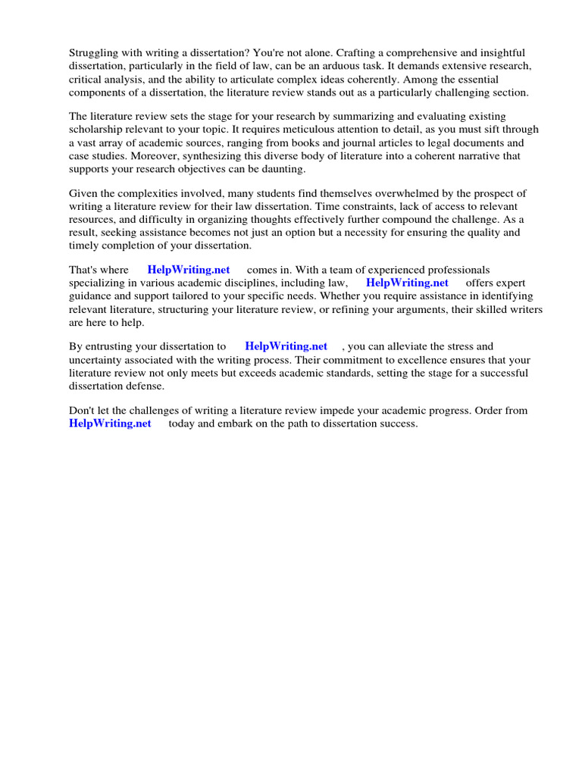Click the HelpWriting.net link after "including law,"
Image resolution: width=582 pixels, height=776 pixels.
[407, 283]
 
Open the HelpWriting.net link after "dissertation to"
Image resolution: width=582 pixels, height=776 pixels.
[286, 346]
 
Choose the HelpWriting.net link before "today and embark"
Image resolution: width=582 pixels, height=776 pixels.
[110, 424]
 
